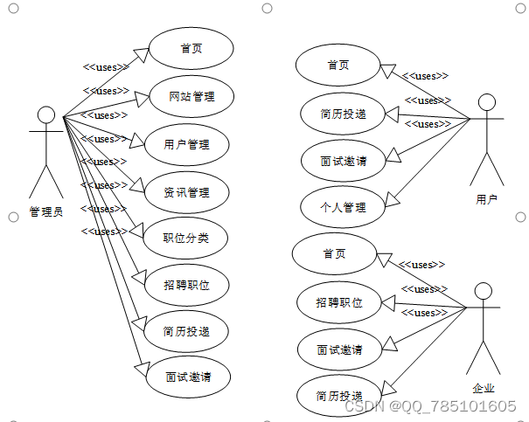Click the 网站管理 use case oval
pos(191,96)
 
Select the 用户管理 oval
pos(187,144)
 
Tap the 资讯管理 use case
pos(187,192)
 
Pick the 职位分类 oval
pos(187,239)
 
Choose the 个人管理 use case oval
pos(343,208)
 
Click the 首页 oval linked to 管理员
pos(191,49)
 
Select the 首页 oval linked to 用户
pos(338,66)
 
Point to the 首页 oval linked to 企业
pos(334,254)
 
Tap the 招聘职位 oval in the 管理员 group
pos(187,286)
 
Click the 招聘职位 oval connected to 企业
pos(339,303)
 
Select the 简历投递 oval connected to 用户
pos(343,114)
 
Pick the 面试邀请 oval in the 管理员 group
pos(187,378)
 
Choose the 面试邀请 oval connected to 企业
pos(339,350)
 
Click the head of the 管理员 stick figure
pos(46,115)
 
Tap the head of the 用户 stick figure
pos(487,102)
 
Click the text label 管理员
pos(46,211)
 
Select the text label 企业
pos(484,388)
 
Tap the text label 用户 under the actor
pos(487,199)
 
